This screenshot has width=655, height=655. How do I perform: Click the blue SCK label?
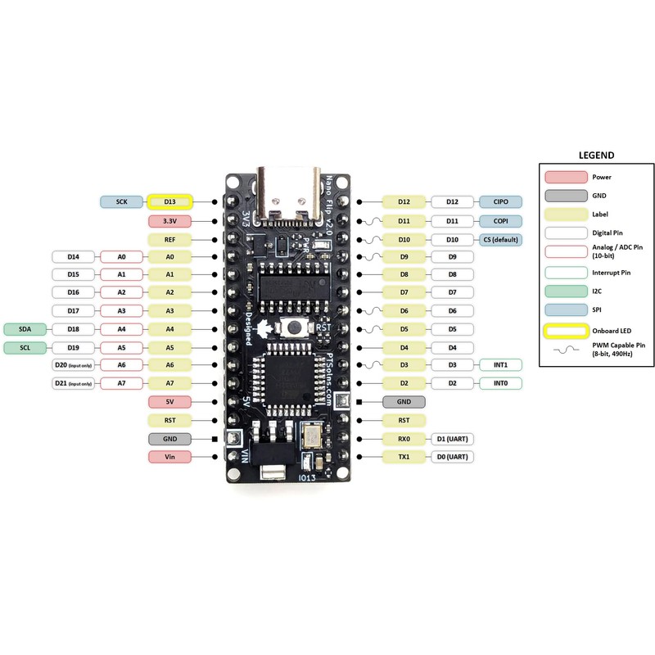121,201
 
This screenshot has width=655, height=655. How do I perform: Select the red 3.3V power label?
169,221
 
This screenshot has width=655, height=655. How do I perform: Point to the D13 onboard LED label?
169,201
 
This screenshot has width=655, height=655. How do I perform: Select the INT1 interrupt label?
499,365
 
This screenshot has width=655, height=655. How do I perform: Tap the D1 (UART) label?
452,438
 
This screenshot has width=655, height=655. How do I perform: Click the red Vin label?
169,456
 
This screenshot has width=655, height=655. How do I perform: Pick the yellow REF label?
169,239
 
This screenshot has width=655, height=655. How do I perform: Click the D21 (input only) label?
72,383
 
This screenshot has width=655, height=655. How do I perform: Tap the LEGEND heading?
596,154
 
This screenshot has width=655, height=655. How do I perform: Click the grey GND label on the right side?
404,402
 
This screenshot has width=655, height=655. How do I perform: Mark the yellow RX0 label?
404,438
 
